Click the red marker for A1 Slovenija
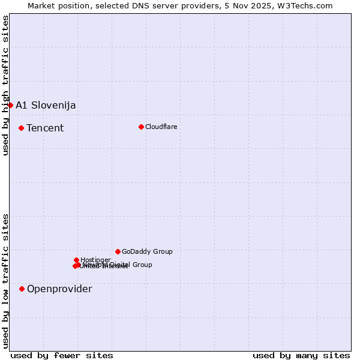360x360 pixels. click(x=10, y=105)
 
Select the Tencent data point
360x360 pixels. click(x=21, y=128)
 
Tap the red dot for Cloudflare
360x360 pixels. click(x=141, y=127)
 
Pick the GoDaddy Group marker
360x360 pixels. click(x=118, y=251)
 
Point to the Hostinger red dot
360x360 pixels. click(x=76, y=260)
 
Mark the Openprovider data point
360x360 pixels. click(x=22, y=289)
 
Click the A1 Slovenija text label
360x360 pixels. click(x=46, y=105)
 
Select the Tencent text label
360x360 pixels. click(x=45, y=128)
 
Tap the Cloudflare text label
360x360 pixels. click(x=161, y=127)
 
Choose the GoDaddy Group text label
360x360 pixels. click(x=147, y=251)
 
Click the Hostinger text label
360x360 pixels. click(x=95, y=260)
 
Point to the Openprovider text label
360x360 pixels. click(x=59, y=289)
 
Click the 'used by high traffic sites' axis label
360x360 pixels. click(x=5, y=85)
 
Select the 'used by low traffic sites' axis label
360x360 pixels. click(x=5, y=281)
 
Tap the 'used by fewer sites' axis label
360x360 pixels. click(x=62, y=355)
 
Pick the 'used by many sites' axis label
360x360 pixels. click(x=301, y=355)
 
